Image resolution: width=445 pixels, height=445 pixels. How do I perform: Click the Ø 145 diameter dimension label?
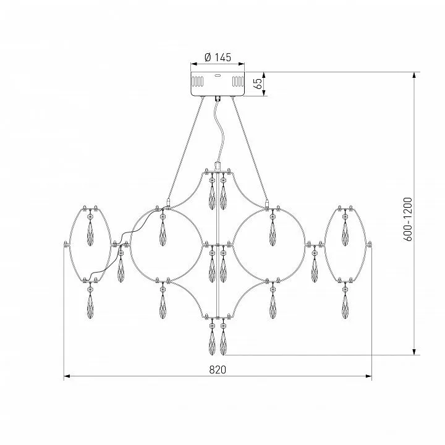218,57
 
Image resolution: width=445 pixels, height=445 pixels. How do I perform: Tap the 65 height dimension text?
258,83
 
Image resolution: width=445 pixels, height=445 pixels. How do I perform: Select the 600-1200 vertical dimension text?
407,219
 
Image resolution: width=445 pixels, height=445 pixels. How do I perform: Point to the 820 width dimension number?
218,370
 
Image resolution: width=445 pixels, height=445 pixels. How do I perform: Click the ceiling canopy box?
218,84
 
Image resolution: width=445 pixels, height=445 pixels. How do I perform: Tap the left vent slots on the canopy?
198,82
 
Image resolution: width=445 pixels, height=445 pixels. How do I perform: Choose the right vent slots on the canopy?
238,82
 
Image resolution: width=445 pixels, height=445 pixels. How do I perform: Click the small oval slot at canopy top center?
218,75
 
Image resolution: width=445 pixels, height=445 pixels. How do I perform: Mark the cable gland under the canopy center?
218,99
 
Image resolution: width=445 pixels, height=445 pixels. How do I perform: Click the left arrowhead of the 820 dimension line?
67,376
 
